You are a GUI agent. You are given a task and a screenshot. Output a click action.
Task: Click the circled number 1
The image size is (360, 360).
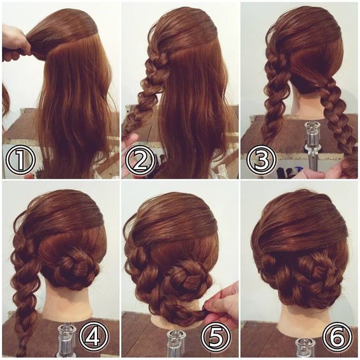20,159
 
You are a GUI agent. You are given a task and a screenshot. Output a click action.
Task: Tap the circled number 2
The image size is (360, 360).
140,159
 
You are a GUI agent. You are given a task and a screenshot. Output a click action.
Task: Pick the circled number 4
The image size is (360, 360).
94,336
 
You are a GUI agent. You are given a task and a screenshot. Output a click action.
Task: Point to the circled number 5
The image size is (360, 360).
216,336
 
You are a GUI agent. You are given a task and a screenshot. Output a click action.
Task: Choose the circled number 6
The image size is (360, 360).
337,336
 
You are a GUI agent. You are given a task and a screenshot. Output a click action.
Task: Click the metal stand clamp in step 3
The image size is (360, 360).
311,147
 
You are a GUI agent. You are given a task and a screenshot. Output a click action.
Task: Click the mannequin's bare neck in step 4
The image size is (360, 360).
67,301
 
